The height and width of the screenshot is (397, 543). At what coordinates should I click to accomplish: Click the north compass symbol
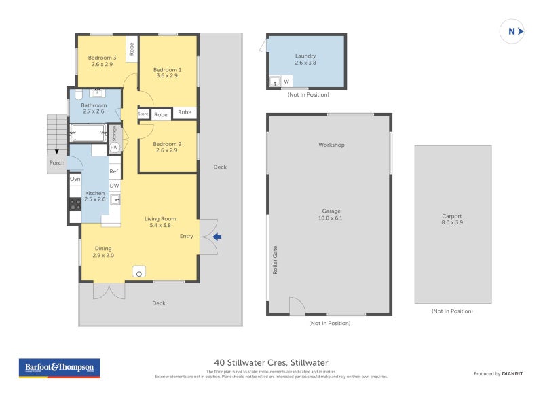(x=512, y=31)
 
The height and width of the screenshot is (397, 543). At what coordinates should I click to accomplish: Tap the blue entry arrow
(x=217, y=237)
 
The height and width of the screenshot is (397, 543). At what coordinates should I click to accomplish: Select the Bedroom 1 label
(x=166, y=73)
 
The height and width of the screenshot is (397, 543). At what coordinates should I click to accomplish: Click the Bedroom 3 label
(x=102, y=61)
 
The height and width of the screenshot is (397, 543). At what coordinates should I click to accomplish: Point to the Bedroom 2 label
(x=166, y=147)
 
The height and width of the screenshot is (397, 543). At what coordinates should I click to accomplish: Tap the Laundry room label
(x=305, y=59)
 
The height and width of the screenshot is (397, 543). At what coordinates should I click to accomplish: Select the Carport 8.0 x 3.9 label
(x=452, y=220)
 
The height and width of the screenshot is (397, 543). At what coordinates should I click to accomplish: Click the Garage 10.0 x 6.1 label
(x=330, y=214)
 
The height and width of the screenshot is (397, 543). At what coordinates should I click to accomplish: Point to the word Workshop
(x=331, y=145)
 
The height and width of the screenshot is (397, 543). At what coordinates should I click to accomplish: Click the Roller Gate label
(x=276, y=260)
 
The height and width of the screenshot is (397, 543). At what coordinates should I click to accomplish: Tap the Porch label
(x=56, y=162)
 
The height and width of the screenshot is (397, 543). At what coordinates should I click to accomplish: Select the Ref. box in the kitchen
(x=114, y=172)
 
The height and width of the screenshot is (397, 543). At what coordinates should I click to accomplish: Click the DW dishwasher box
(x=114, y=186)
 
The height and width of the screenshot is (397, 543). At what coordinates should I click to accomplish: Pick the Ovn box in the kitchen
(x=75, y=179)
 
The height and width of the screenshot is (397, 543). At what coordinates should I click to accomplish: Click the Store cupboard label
(x=143, y=114)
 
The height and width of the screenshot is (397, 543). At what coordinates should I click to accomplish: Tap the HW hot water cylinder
(x=114, y=148)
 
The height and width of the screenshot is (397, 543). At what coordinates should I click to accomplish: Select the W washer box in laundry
(x=286, y=82)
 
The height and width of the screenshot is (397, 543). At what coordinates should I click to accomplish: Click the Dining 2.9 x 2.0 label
(x=103, y=252)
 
